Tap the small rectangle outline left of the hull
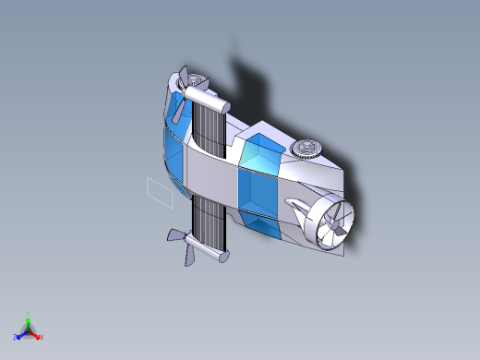pos(160,189)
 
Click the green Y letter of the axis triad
pos(29,314)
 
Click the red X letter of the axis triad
pos(42,337)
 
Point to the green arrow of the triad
pos(29,323)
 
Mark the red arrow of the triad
pos(35,334)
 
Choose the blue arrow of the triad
pos(21,334)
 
